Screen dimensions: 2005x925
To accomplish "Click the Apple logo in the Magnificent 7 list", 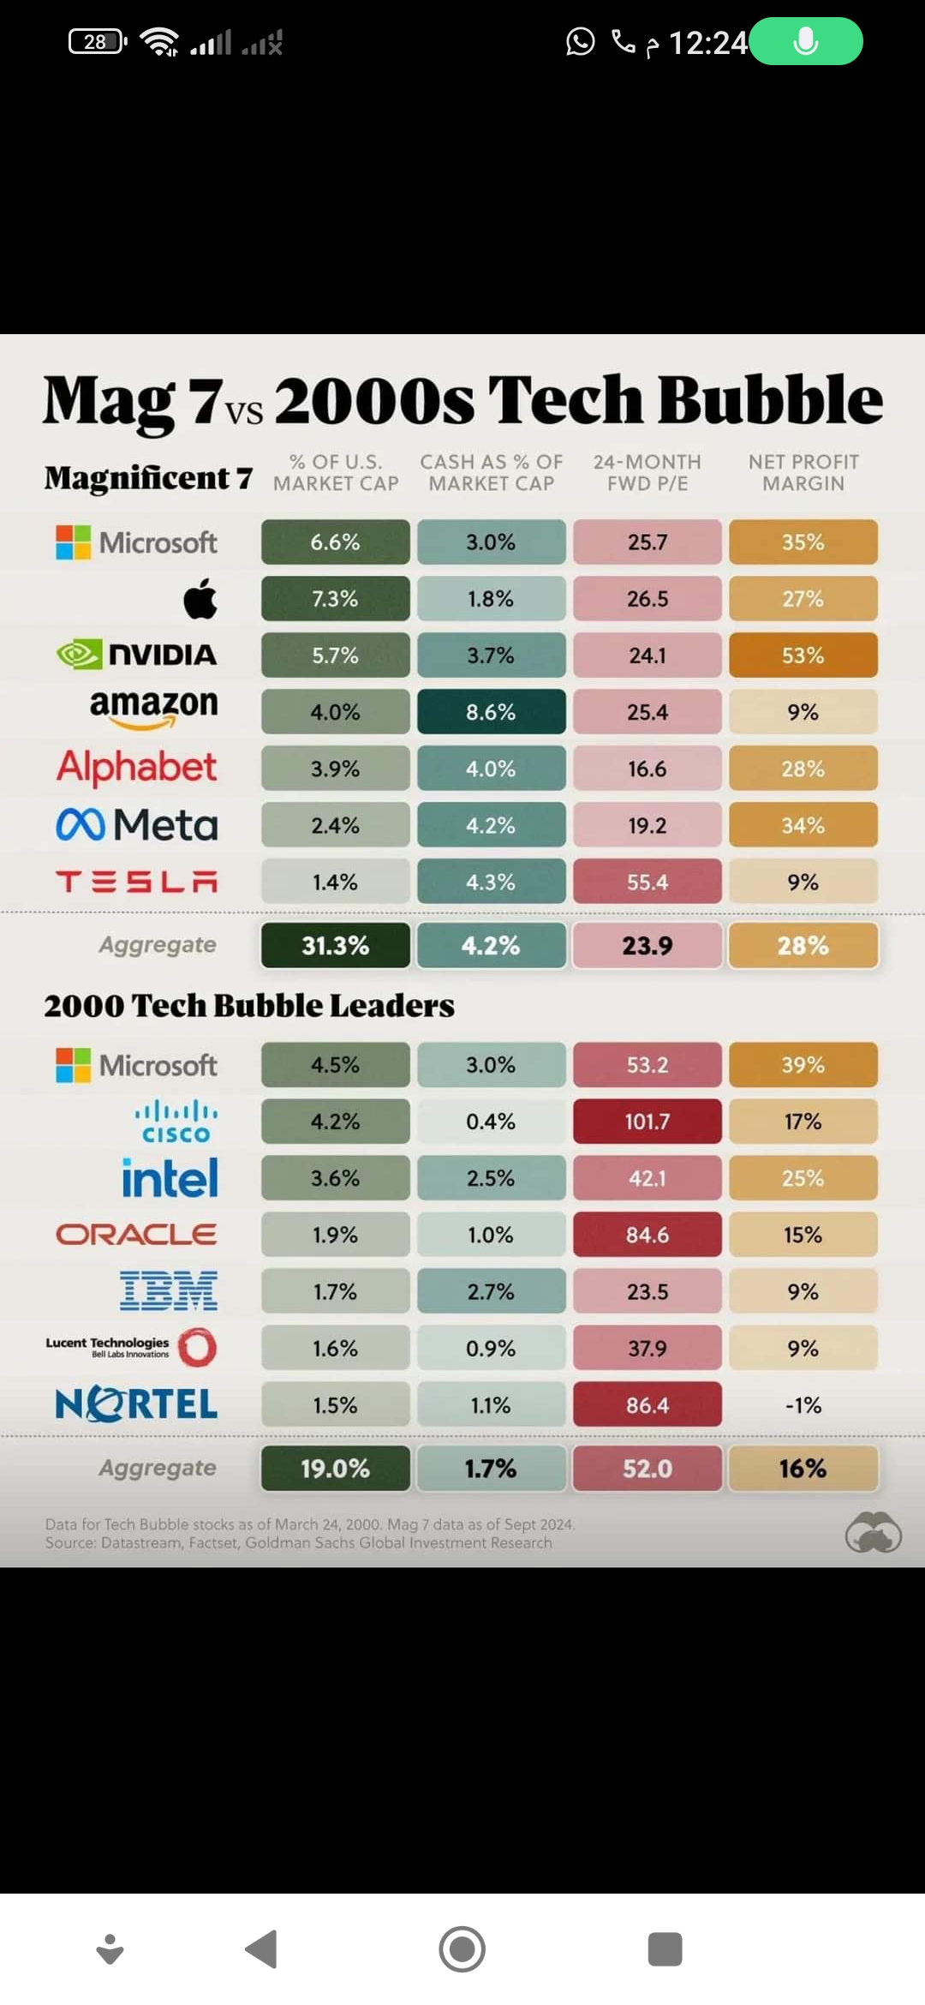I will [200, 598].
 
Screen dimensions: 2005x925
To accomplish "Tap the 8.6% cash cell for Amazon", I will [492, 712].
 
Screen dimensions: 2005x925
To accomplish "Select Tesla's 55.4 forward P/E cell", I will [647, 882].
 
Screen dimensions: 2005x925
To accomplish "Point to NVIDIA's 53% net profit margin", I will [803, 655].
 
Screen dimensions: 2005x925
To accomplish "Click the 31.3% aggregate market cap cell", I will [336, 945].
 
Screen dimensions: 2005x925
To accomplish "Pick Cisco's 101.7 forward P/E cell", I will [647, 1122].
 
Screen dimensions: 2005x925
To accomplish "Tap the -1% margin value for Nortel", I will [803, 1405].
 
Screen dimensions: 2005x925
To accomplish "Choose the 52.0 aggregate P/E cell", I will [647, 1469].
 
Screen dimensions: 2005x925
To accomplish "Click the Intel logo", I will [170, 1178].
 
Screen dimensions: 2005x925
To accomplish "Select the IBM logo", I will [169, 1291].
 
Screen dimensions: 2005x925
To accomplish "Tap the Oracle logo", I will [137, 1235].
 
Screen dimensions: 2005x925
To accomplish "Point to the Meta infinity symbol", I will [81, 825].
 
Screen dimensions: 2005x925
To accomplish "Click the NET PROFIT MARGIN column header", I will [803, 473].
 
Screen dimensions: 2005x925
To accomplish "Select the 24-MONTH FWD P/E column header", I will [647, 473].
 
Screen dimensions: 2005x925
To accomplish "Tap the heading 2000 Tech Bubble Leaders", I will [249, 1006].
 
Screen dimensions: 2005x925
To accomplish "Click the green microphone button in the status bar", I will [806, 41].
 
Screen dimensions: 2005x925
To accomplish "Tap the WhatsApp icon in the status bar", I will [580, 41].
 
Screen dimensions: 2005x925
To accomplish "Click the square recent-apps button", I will [665, 1949].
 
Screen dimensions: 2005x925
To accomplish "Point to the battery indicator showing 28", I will [98, 41].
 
